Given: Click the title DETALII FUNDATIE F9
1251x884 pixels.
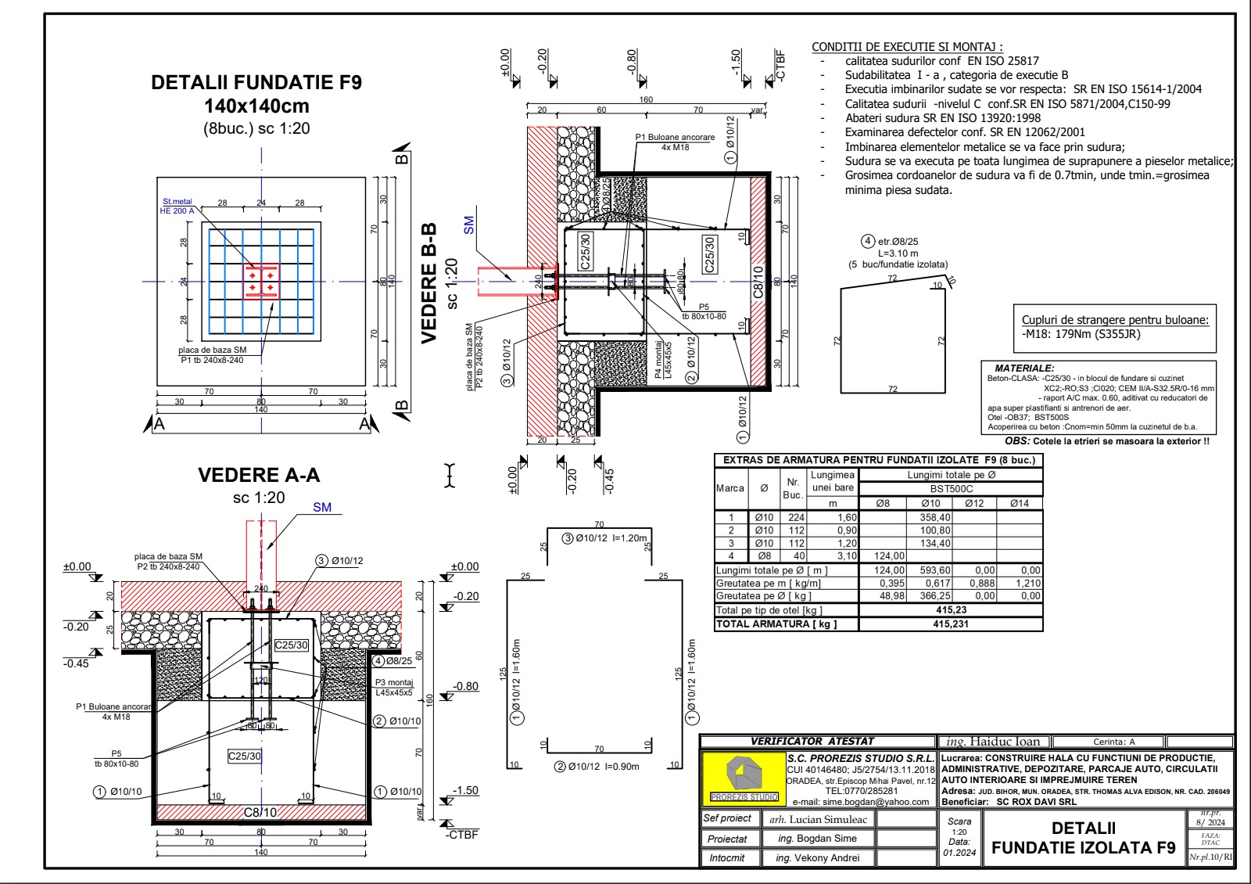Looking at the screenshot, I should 256,83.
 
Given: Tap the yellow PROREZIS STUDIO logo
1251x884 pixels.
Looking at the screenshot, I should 744,779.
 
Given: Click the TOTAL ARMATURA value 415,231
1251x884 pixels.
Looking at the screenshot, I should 951,624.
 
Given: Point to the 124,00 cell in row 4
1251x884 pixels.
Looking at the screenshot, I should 889,556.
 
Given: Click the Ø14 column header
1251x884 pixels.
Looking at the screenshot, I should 1020,503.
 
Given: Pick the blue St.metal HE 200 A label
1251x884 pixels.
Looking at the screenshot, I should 177,207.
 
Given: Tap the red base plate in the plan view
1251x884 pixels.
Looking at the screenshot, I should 261,282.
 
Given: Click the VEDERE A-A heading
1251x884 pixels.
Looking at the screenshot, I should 259,476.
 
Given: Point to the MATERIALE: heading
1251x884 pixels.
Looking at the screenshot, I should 1024,368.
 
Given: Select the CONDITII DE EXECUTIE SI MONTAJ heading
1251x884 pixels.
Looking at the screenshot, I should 907,47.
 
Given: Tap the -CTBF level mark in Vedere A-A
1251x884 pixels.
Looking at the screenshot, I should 461,835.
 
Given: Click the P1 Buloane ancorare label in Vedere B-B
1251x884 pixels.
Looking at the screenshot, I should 675,137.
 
